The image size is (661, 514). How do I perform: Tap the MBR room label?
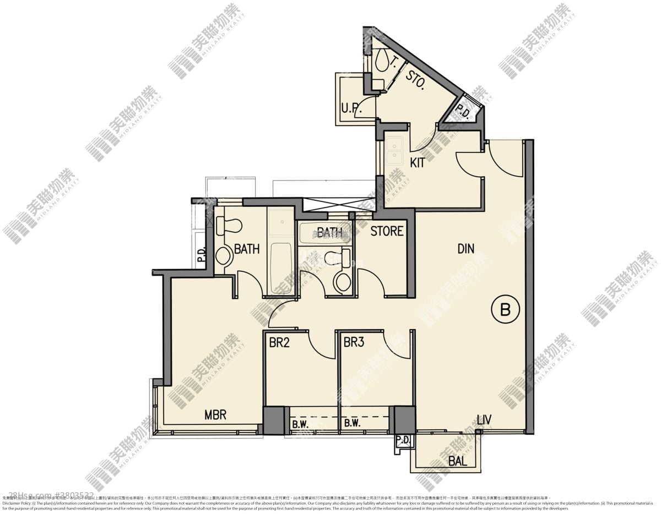click(215, 414)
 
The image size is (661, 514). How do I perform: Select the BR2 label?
click(279, 342)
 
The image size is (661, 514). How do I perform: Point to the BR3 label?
click(354, 342)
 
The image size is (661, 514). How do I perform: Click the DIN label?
click(465, 249)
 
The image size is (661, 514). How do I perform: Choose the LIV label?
click(484, 421)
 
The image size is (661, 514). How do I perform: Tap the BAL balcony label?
click(458, 461)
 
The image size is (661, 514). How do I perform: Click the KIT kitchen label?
click(418, 163)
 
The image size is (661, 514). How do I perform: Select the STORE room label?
click(387, 231)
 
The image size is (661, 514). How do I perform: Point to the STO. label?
click(415, 80)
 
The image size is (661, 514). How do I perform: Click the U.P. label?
click(351, 108)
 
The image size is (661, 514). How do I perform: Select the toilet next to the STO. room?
click(381, 61)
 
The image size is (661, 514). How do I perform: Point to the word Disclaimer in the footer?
click(13, 503)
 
